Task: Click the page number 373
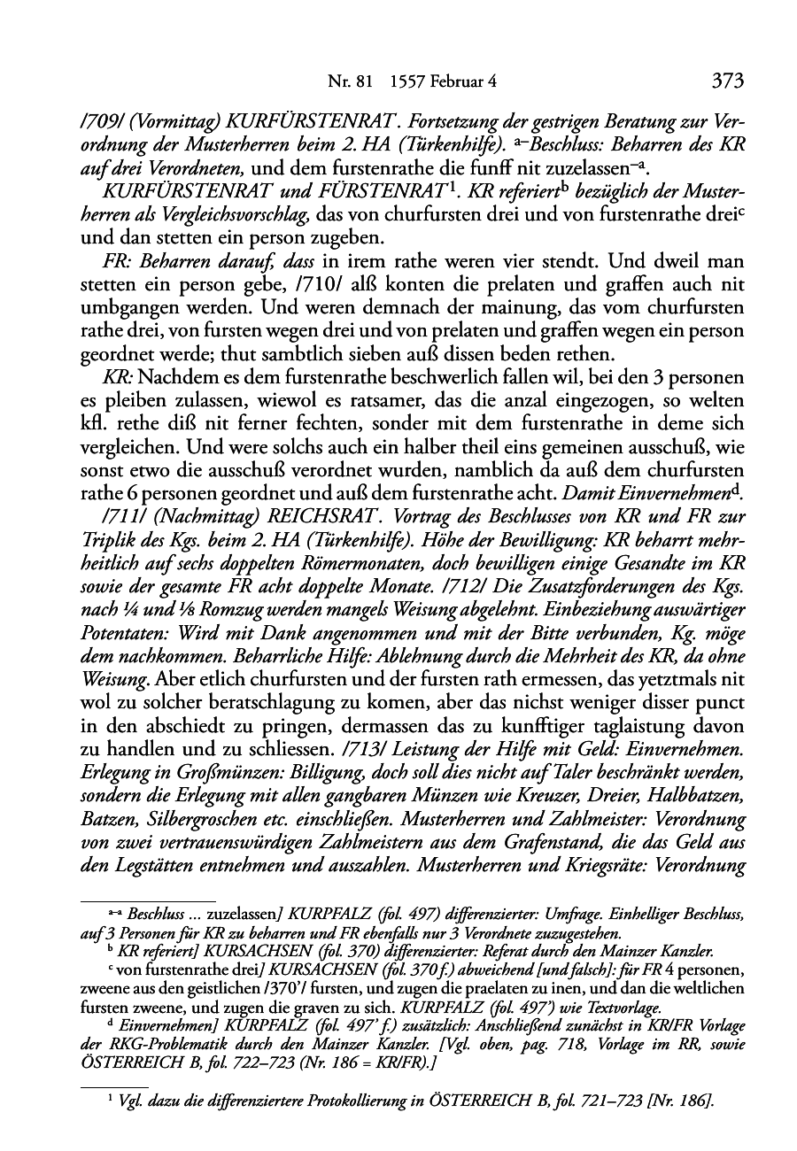(x=726, y=81)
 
